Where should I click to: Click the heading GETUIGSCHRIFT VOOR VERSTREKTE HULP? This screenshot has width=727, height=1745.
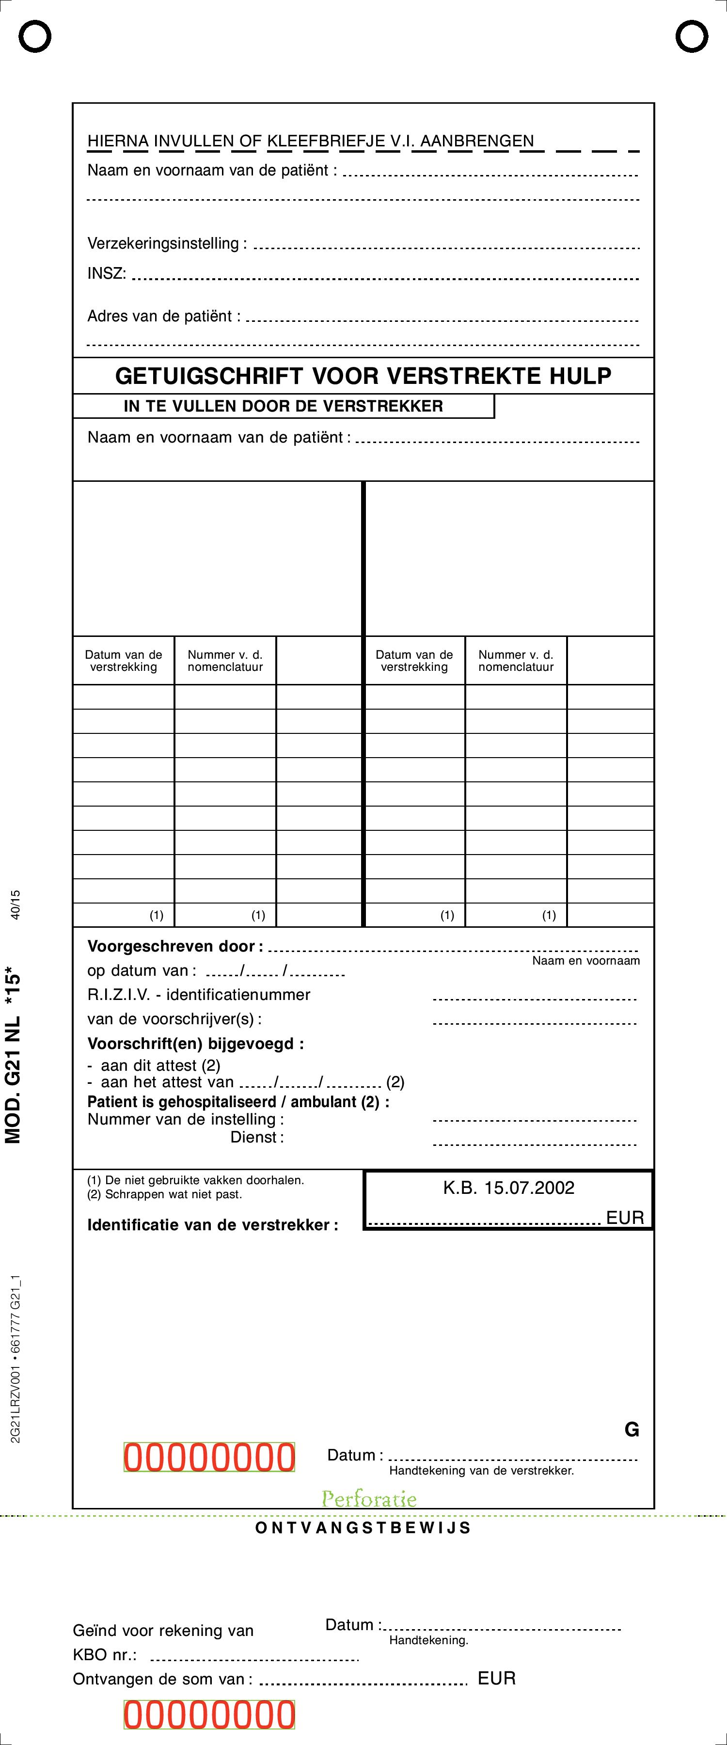pos(363,376)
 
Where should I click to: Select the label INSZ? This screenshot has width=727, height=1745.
pos(106,274)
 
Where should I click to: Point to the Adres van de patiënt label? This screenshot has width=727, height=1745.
pos(163,317)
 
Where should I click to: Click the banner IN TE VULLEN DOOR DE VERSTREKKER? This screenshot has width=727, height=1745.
pos(283,407)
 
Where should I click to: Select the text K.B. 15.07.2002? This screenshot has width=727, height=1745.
pos(509,1188)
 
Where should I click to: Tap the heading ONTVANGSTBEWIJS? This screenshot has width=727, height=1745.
pos(363,1527)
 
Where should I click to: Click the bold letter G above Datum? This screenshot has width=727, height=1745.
pos(632,1430)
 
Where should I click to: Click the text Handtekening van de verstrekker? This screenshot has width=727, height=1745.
pos(481,1471)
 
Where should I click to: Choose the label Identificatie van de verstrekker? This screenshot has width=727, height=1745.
pos(212,1225)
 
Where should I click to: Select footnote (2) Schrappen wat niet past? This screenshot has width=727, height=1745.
pos(165,1194)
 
